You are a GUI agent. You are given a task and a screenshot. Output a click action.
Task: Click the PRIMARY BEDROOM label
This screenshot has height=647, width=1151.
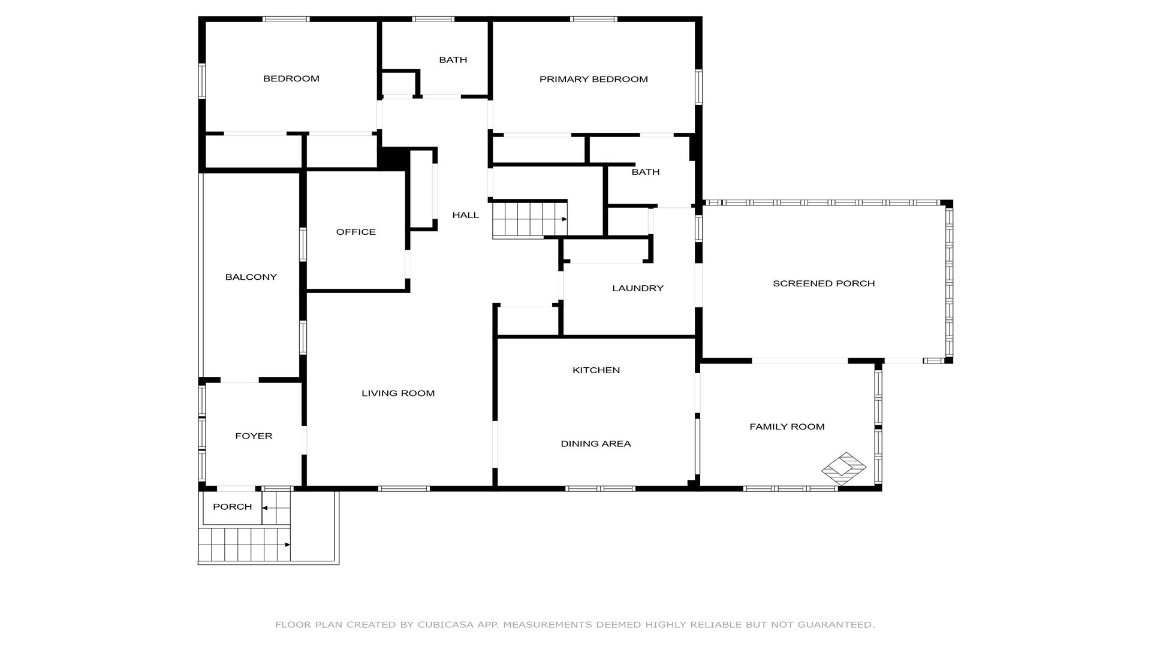(593, 79)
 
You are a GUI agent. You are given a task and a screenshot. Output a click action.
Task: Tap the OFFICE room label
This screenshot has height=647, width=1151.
(356, 232)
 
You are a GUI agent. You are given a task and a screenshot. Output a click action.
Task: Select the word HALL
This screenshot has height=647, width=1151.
(466, 215)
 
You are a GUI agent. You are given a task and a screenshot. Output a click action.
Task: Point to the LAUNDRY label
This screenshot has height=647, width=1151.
(638, 288)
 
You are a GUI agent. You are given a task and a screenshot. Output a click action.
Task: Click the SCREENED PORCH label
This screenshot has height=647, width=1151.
(824, 283)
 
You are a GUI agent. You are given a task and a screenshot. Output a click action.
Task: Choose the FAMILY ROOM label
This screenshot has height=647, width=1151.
(787, 427)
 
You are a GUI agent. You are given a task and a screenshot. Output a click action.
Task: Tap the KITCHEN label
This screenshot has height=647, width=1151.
(596, 370)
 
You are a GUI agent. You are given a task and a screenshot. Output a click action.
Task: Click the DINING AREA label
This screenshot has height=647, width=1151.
(596, 444)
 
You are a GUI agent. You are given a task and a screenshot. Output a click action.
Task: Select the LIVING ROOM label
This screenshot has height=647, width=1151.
(398, 393)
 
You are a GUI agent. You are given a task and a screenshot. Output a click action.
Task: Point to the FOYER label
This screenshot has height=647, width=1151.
(254, 436)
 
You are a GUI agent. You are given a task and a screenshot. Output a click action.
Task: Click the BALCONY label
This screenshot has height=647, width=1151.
(251, 277)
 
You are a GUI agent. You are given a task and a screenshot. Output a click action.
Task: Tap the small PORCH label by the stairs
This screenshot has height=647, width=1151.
(233, 507)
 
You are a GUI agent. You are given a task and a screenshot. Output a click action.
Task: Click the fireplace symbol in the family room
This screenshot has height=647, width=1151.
(843, 468)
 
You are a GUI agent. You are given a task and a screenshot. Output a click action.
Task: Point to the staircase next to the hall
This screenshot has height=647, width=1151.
(530, 220)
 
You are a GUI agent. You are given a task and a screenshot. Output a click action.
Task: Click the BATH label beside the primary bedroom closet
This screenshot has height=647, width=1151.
(646, 172)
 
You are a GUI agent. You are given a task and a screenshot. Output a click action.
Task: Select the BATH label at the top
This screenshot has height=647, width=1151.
(453, 60)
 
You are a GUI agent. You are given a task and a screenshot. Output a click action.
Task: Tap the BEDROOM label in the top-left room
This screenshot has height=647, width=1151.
(291, 78)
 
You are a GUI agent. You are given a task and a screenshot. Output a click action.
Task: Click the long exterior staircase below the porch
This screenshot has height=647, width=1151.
(245, 545)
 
